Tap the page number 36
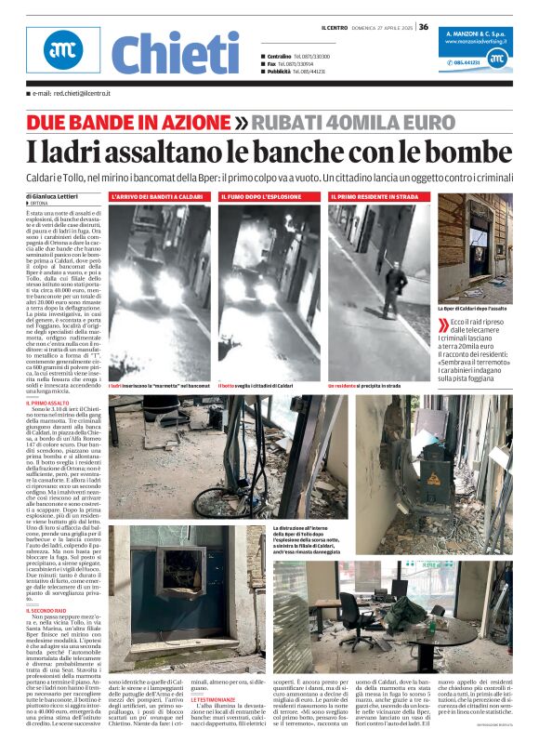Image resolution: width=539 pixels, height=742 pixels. coord(424,26)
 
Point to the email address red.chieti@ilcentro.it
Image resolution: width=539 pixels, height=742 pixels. coord(72,94)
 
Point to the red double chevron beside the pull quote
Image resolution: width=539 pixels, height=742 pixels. coord(443,325)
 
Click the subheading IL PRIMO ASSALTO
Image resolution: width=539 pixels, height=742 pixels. coord(45,403)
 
